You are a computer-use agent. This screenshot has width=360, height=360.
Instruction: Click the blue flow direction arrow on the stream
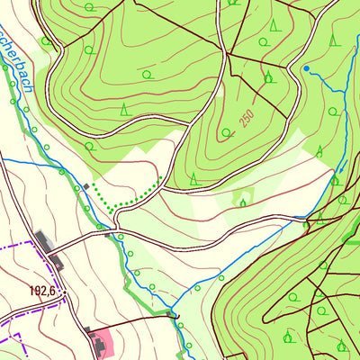click(x=342, y=166)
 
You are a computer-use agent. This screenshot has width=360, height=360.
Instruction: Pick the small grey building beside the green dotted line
click(x=86, y=186)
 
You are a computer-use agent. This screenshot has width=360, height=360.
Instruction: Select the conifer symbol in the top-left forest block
click(x=123, y=110)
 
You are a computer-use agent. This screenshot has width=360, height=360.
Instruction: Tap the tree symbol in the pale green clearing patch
click(x=242, y=202)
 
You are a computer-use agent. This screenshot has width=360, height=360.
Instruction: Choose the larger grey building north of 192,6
click(x=43, y=240)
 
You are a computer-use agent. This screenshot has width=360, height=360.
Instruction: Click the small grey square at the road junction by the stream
click(x=108, y=235)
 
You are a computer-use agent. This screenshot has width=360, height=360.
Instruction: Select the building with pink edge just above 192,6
click(x=57, y=262)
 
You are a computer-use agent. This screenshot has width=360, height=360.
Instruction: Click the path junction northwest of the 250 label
click(x=227, y=54)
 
